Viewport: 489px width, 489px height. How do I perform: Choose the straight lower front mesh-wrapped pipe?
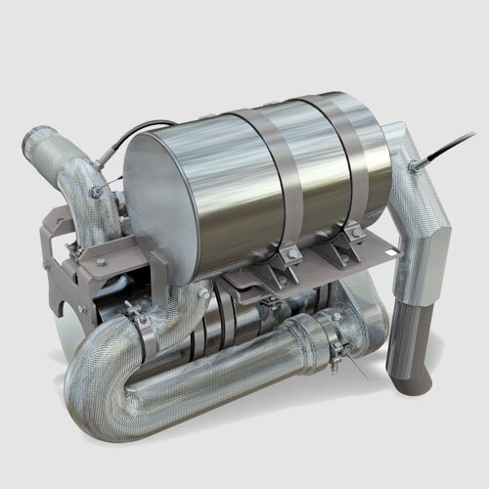(x=244, y=362)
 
